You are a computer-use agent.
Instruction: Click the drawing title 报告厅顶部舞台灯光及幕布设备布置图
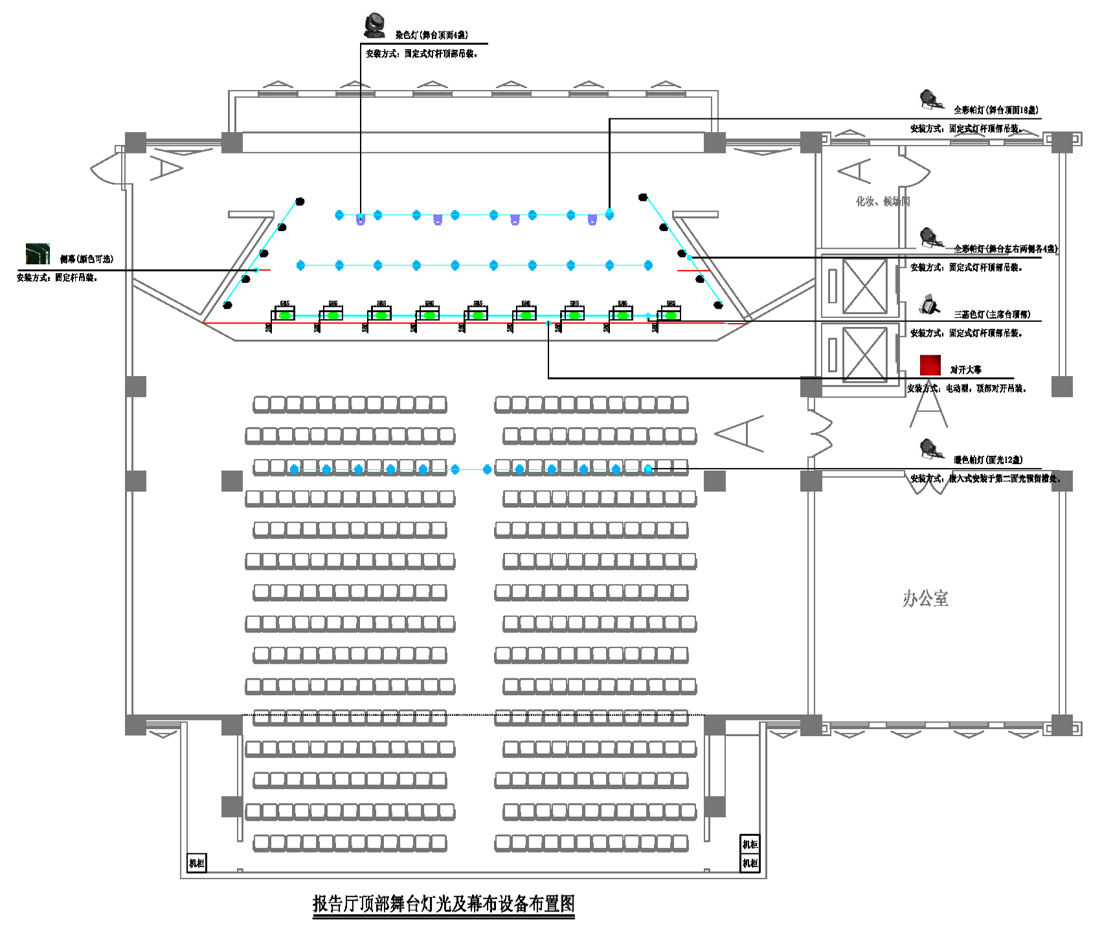[x=444, y=903]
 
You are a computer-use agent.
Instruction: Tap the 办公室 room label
[x=925, y=599]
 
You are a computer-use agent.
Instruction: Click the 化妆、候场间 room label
[x=882, y=201]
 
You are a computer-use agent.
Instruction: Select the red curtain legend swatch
[x=930, y=365]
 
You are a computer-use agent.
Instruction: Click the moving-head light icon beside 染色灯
[x=374, y=25]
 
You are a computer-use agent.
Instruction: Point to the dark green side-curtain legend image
[x=38, y=254]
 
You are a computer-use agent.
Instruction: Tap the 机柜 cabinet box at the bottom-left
[x=197, y=863]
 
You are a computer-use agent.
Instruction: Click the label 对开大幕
[x=965, y=370]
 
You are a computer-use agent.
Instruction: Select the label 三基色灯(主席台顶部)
[x=992, y=315]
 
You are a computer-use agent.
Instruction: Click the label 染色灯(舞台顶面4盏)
[x=432, y=35]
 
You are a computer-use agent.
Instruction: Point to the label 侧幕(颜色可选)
[x=87, y=259]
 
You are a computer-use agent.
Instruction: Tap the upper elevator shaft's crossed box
[x=864, y=286]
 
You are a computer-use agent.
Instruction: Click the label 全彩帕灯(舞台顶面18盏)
[x=996, y=110]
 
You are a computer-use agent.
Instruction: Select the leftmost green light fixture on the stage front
[x=284, y=315]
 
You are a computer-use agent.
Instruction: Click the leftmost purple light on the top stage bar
[x=361, y=220]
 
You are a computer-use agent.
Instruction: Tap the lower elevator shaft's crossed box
[x=864, y=354]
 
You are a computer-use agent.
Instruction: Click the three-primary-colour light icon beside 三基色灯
[x=929, y=304]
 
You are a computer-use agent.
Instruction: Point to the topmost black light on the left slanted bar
[x=300, y=201]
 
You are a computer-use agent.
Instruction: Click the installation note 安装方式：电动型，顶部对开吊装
[x=966, y=388]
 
